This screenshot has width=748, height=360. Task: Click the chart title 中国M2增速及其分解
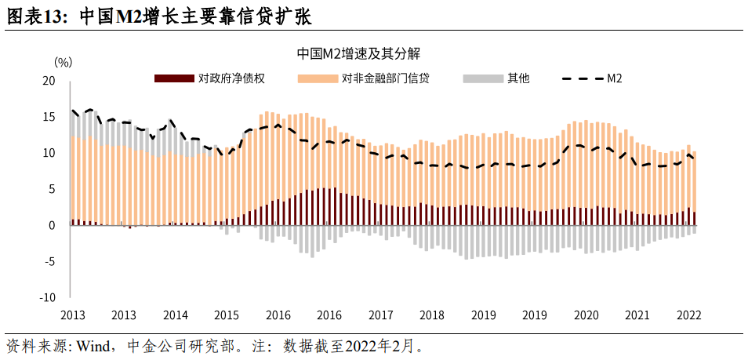point(360,53)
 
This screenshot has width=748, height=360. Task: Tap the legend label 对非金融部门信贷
point(385,78)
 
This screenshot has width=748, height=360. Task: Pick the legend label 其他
point(518,78)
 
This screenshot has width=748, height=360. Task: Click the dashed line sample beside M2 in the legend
point(582,78)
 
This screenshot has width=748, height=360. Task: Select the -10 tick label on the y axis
point(47,298)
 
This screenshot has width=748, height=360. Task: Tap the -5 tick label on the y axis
point(49,262)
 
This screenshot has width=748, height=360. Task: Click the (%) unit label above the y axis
point(64,61)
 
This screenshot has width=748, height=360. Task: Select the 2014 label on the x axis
point(175,315)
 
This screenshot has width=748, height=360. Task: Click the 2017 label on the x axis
point(381,315)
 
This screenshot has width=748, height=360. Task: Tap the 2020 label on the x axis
point(586,315)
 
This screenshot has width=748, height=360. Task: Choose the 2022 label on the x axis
point(688,315)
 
